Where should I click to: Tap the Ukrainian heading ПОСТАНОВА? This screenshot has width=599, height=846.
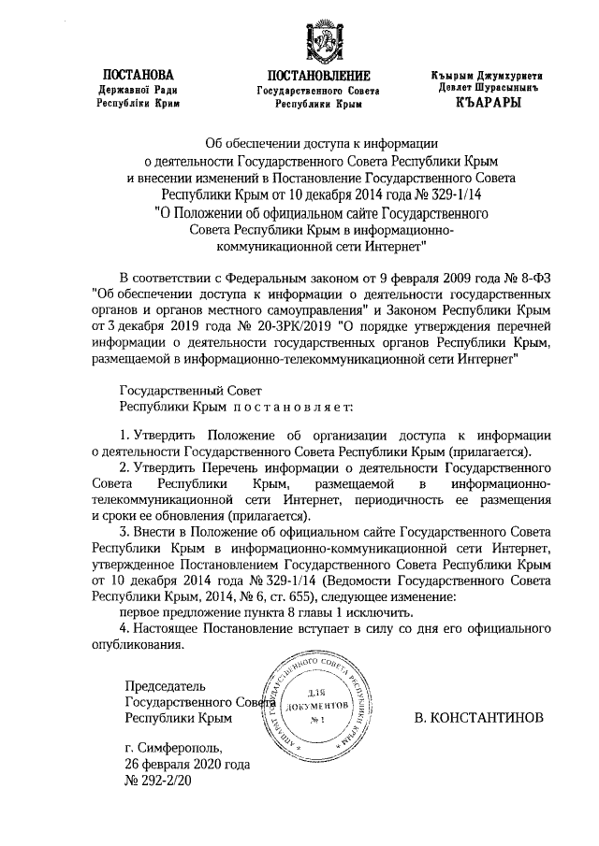pos(138,74)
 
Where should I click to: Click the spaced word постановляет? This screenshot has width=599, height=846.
pos(300,407)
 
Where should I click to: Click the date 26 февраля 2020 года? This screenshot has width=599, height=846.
pos(187,764)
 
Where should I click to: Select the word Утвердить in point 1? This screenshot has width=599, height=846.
pos(165,436)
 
